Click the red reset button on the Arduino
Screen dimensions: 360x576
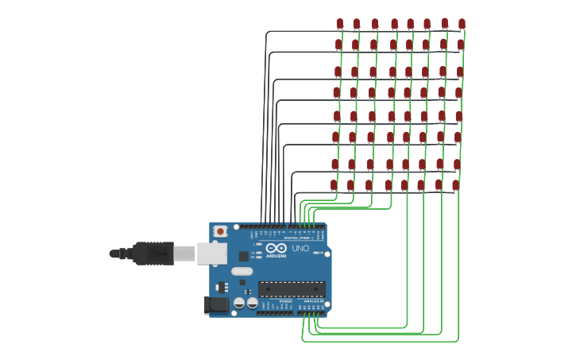[x=220, y=231]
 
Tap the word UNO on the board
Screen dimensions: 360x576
[x=300, y=249]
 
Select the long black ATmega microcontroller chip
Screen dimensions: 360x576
[x=291, y=289]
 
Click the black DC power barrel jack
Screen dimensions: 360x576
[x=216, y=304]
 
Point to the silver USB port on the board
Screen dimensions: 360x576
[x=211, y=254]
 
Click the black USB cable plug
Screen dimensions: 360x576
[x=153, y=254]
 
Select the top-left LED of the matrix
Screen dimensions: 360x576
[x=340, y=24]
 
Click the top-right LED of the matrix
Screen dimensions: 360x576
[x=462, y=24]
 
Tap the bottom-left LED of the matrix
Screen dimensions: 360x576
[x=334, y=185]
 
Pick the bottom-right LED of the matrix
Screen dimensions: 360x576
[x=455, y=185]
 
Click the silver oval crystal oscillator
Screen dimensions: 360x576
[x=242, y=272]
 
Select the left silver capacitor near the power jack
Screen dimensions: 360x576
[x=239, y=303]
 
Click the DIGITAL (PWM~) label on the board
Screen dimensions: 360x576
[x=298, y=238]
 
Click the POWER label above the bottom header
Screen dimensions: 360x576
[x=285, y=301]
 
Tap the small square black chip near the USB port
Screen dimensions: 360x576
[x=243, y=256]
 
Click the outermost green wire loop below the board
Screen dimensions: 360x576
[x=381, y=342]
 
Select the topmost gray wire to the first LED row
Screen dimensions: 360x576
[x=302, y=31]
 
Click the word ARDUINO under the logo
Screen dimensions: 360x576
[x=276, y=256]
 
